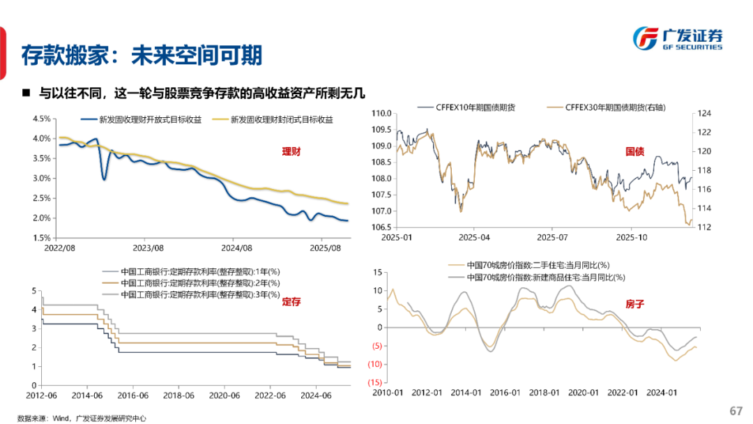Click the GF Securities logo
coord(676,38)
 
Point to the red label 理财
coord(291,151)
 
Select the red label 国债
coord(634,151)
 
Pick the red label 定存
coord(291,302)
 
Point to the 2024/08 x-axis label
coord(236,248)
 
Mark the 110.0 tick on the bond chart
coord(379,113)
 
